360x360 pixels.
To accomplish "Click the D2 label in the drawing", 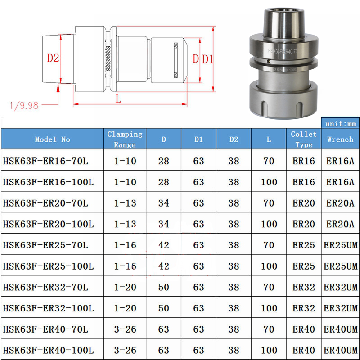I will tap(53, 58).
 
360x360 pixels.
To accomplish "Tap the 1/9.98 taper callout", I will tap(23, 106).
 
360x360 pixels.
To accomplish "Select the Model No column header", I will tap(53, 139).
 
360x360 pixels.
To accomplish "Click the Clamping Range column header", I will tap(125, 139).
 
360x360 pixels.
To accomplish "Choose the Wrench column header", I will tap(340, 139).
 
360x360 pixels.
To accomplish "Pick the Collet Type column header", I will tap(304, 139).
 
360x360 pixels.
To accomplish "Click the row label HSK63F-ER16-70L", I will tap(45, 161).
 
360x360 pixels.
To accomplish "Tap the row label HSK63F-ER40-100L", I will tap(48, 350).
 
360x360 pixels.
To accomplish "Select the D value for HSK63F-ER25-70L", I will tap(164, 245).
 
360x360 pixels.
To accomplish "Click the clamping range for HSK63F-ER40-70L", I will tap(125, 329).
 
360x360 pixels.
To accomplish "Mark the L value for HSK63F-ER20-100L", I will tap(269, 224).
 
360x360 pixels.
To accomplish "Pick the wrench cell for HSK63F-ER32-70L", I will tap(340, 287).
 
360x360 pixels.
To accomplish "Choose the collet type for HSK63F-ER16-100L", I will tap(304, 182).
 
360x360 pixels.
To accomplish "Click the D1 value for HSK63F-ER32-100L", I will tap(198, 308).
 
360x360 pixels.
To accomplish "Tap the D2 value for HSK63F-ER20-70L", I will tap(234, 203).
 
